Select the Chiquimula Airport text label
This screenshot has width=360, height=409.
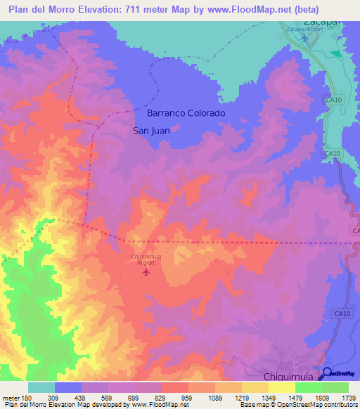click(x=146, y=259)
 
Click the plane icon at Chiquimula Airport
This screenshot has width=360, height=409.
click(x=146, y=272)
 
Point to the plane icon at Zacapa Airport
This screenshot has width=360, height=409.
click(x=304, y=37)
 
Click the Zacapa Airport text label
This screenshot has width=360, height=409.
click(x=304, y=29)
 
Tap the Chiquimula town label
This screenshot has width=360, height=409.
click(x=290, y=377)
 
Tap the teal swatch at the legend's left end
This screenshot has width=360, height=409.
click(x=41, y=387)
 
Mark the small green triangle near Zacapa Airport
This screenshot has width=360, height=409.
click(x=335, y=53)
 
